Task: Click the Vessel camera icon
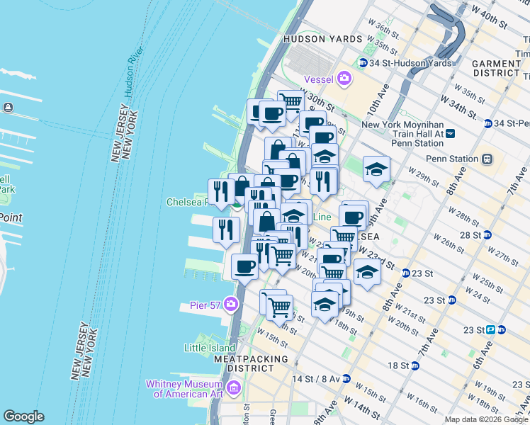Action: (x=345, y=78)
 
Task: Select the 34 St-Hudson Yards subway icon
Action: (x=363, y=63)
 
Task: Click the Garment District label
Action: (x=496, y=68)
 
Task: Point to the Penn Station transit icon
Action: (x=487, y=159)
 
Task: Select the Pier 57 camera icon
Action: (x=230, y=305)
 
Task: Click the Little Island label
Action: (x=209, y=348)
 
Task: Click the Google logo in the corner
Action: (x=23, y=416)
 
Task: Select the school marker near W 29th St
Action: (x=376, y=169)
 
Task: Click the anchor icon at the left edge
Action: (x=8, y=108)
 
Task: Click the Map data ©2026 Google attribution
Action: (x=486, y=419)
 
